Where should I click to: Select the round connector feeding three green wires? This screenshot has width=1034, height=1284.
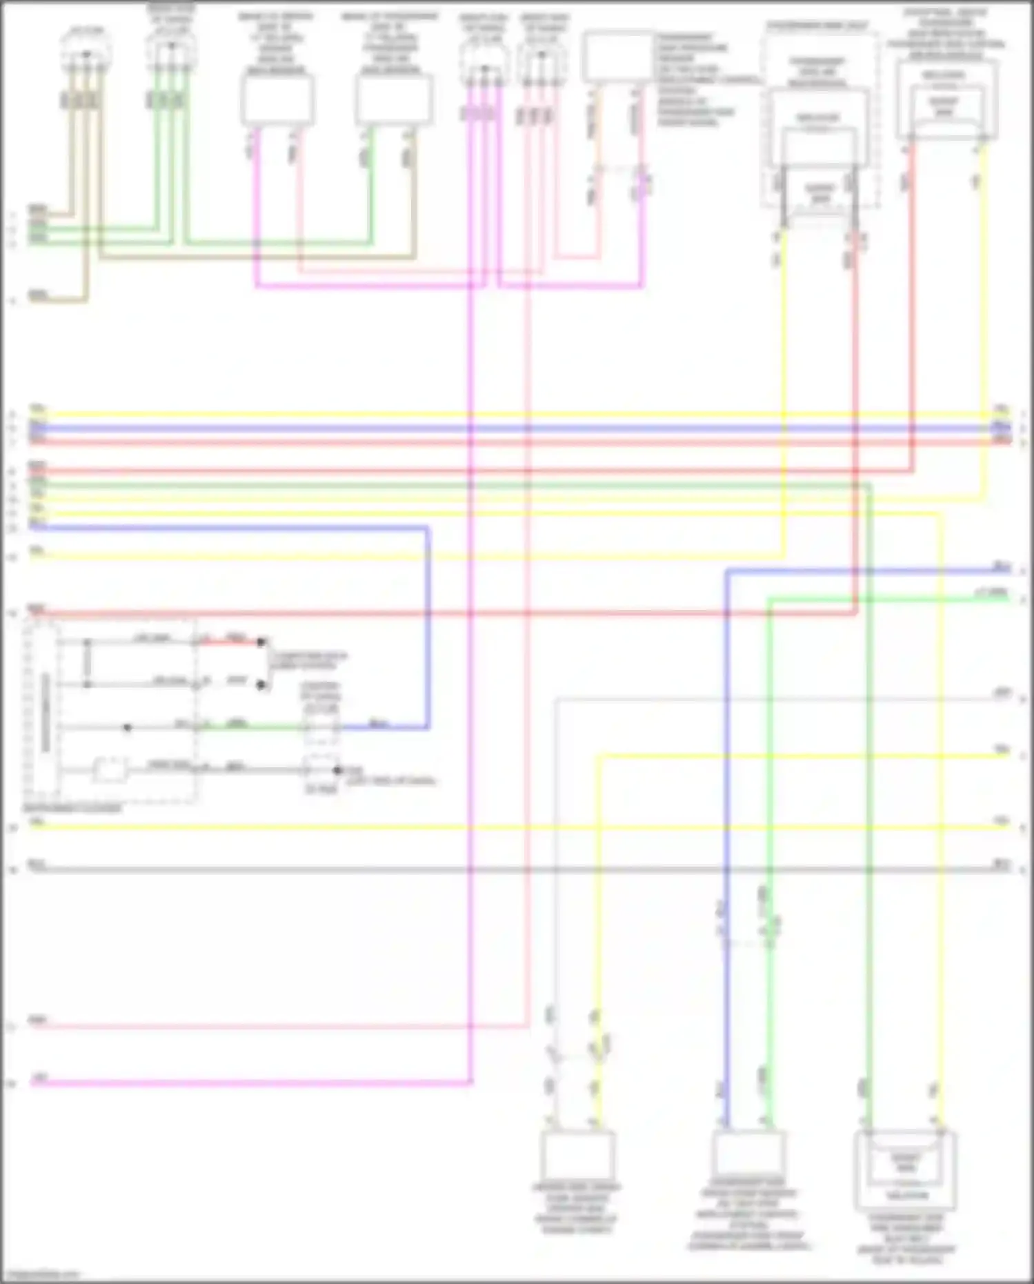click(171, 50)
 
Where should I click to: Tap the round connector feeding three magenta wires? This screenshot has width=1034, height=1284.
click(484, 68)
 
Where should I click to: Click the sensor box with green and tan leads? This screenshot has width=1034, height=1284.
click(393, 100)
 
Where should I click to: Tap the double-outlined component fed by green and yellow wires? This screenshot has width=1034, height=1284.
click(905, 1169)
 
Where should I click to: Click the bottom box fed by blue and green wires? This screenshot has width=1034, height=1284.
click(748, 1154)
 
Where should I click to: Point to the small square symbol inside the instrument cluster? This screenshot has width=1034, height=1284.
click(110, 769)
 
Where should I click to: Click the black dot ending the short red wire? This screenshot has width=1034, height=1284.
click(261, 642)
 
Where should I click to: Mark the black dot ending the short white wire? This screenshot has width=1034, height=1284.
click(261, 684)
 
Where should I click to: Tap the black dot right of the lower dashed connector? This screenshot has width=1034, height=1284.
click(337, 769)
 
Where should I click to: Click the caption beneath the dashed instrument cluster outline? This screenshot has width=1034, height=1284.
click(72, 808)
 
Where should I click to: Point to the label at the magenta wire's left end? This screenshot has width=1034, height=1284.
click(40, 1077)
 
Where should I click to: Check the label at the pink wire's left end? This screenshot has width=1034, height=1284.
click(38, 1019)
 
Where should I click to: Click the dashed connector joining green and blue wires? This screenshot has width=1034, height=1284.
click(321, 727)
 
